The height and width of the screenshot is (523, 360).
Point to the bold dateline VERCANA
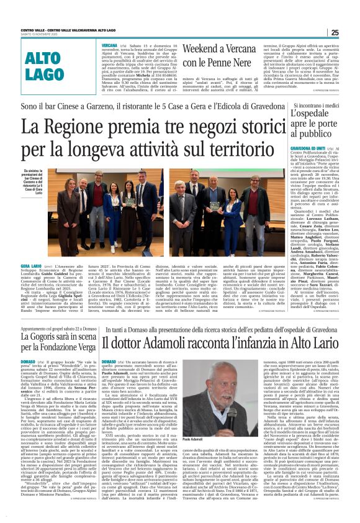coord(110,46)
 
